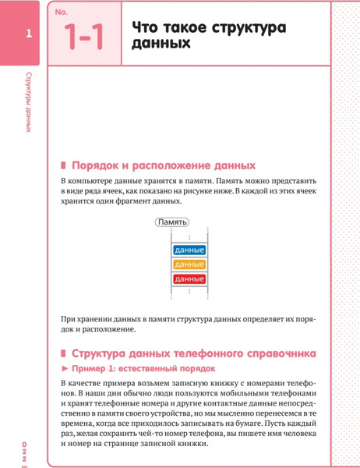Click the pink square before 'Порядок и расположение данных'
point(64,165)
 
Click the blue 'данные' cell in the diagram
point(189,250)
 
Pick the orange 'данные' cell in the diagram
point(189,264)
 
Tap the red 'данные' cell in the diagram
point(189,278)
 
